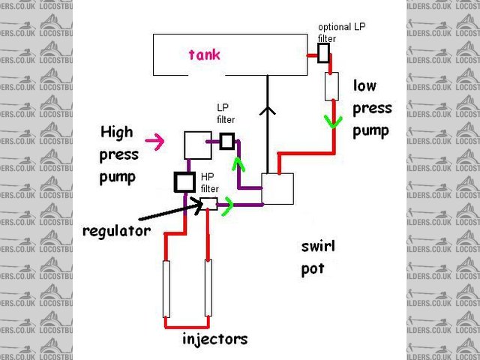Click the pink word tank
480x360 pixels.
[205, 54]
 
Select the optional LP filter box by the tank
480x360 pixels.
[323, 53]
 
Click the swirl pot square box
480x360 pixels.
[277, 189]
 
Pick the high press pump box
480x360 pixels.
[198, 145]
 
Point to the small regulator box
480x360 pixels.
[208, 203]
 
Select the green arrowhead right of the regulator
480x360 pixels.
[227, 203]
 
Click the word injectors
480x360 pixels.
[214, 339]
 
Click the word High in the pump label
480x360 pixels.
[116, 133]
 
